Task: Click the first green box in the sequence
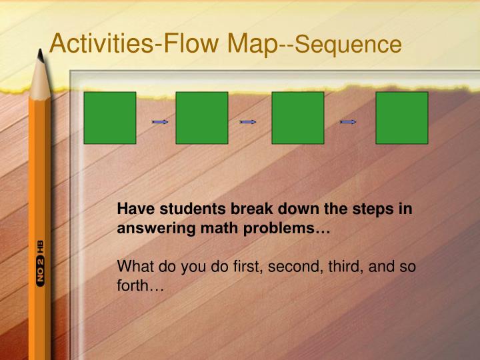tap(110, 118)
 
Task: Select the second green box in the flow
tap(202, 118)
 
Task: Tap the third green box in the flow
tap(298, 118)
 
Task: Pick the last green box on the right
tap(402, 118)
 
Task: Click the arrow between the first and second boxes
tap(159, 122)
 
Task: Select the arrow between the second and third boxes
tap(248, 122)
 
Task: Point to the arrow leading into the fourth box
tap(347, 122)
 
